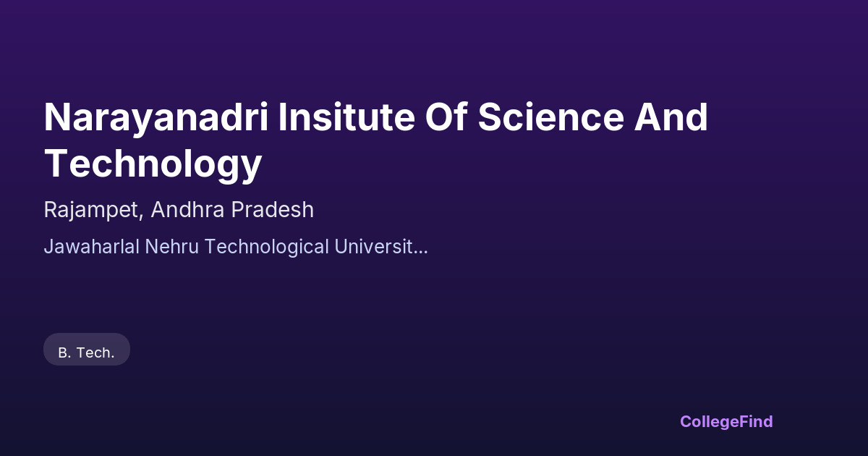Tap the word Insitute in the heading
click(346, 117)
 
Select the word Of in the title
click(446, 117)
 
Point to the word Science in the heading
click(550, 117)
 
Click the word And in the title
click(671, 117)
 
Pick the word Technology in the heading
click(153, 165)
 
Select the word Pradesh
click(273, 209)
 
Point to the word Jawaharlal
click(91, 247)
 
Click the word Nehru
click(171, 247)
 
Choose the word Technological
click(267, 247)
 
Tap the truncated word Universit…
click(381, 247)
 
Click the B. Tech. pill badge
click(87, 349)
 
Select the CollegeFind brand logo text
click(726, 421)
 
